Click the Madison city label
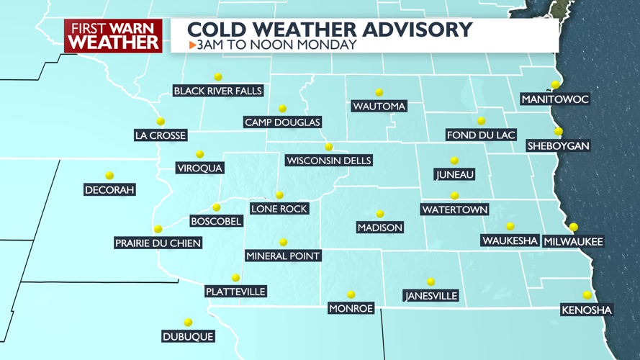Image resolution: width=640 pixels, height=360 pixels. coord(379,228)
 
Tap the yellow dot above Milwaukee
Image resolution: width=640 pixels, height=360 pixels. coord(573,228)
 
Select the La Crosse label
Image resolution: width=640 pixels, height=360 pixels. coord(161,135)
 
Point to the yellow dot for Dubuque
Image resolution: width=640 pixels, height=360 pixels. coord(188,323)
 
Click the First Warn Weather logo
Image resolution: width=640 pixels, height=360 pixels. coord(113,36)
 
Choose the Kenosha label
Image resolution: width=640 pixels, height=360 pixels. coord(587,310)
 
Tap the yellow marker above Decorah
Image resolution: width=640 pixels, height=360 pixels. coord(109,176)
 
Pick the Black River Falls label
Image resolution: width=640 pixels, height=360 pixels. coord(218,91)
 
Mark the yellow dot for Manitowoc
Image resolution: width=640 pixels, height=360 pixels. coord(555,85)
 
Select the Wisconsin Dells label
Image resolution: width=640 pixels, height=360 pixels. coord(328,161)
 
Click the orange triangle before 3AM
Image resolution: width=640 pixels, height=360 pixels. coord(192,45)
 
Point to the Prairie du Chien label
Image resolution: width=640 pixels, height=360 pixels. coord(158,243)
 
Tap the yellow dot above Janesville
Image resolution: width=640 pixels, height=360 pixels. coord(431,282)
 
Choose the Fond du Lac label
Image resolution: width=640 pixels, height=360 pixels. coord(481,135)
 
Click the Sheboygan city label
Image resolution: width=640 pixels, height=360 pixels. coord(558,145)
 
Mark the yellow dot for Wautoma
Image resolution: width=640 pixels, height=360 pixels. coord(379,92)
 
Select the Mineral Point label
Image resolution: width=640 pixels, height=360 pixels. coord(283,256)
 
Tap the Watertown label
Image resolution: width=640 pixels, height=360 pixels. coord(454,210)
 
